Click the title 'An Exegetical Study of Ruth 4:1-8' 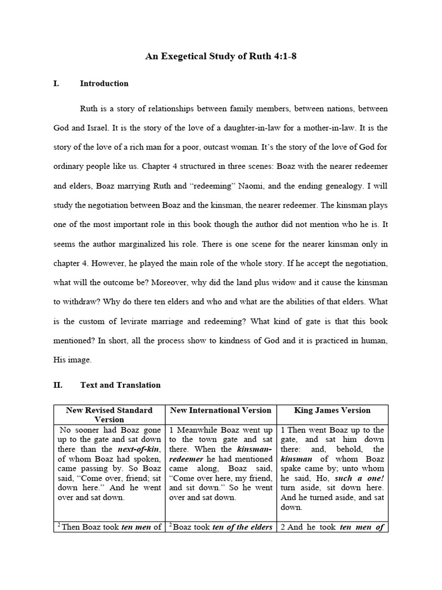(221, 56)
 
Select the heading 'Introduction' (104, 84)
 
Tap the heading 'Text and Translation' (120, 385)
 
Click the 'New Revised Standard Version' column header (109, 415)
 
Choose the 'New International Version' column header (221, 410)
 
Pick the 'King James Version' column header (332, 410)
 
